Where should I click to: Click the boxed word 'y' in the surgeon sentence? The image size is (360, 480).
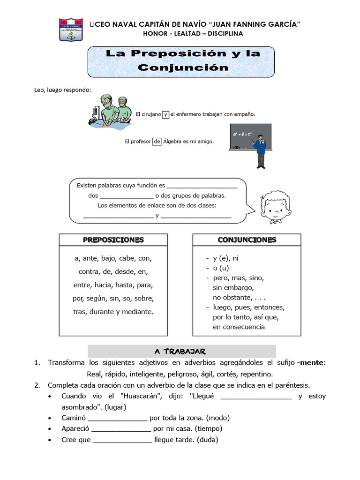165,114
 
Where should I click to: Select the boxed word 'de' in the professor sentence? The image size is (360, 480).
157,141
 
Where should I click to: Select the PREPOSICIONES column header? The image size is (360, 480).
113,240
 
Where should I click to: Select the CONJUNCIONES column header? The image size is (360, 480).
247,240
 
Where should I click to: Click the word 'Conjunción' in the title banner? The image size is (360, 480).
183,67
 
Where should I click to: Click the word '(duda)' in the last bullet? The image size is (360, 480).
208,440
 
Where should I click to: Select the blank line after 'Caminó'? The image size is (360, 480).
117,418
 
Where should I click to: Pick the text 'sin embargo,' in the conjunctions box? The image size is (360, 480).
233,288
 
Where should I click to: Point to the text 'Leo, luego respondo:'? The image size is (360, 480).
63,90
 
